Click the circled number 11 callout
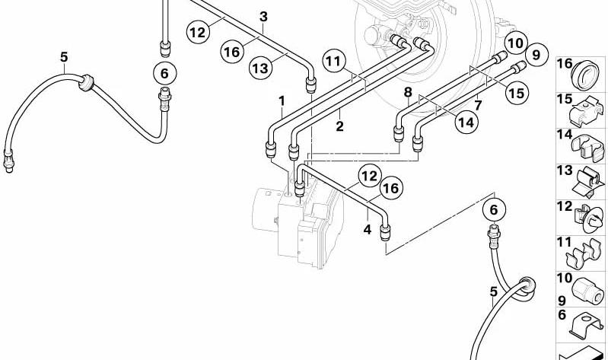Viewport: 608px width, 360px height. pos(334,62)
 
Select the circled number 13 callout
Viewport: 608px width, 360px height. pos(260,68)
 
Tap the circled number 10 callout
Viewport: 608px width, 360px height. pos(515,43)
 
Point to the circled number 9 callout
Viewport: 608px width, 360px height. pos(536,55)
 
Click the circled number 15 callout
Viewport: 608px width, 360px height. pos(517,93)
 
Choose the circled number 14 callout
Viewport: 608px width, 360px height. pos(466,123)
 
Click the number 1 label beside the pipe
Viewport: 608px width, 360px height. pos(282,101)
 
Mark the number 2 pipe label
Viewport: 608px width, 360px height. pos(339,126)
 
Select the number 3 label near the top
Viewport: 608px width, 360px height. pos(264,17)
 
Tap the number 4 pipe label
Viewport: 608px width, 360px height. pos(368,229)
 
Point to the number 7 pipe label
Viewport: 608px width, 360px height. pos(479,105)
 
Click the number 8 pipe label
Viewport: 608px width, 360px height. pos(408,92)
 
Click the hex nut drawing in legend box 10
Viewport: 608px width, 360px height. pos(587,292)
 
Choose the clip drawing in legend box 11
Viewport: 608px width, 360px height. pos(584,254)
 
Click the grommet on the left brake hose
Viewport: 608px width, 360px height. pos(86,83)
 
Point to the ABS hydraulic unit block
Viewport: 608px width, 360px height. pos(298,225)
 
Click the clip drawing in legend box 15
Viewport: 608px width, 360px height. pos(587,110)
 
